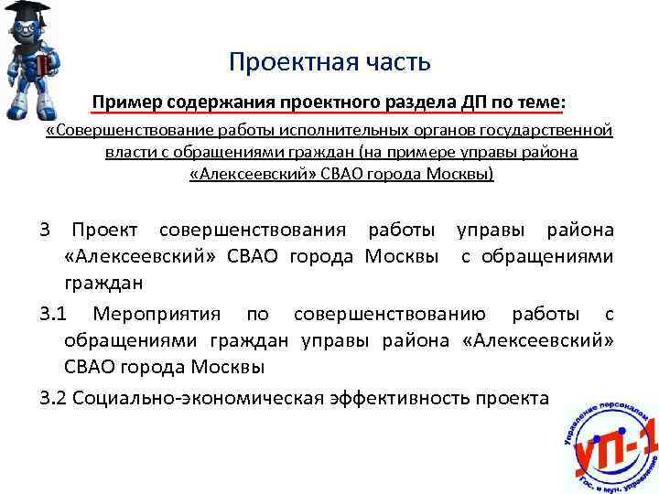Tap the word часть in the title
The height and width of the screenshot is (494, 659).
389,62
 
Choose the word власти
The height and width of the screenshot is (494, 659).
128,152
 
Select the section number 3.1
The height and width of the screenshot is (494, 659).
55,315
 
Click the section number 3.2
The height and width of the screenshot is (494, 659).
55,397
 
